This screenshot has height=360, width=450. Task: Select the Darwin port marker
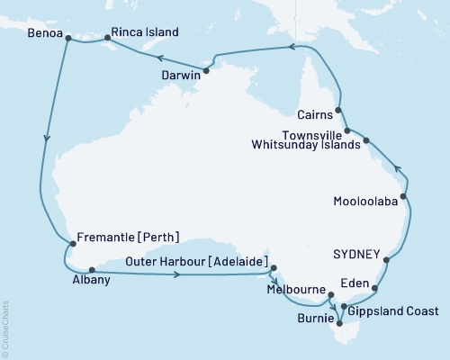206,70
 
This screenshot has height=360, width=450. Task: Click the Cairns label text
314,115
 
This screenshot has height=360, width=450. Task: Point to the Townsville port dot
347,132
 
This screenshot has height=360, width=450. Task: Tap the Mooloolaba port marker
403,196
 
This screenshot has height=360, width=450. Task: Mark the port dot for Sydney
388,260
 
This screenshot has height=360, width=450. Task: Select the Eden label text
355,283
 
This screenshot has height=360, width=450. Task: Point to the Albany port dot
92,268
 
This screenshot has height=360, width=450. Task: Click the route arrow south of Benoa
45,139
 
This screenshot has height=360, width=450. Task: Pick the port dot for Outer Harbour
273,266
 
